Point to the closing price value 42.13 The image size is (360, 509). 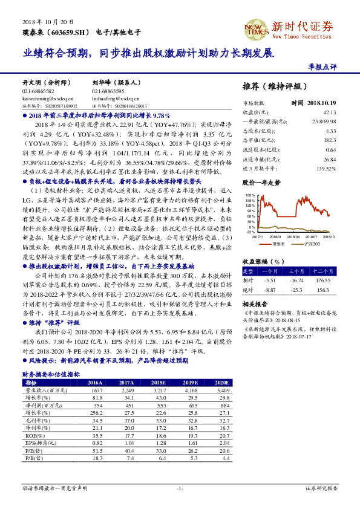(x=329, y=112)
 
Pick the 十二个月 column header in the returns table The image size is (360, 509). (x=322, y=272)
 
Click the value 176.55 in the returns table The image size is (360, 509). (x=324, y=280)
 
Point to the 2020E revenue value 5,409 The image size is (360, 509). (x=221, y=391)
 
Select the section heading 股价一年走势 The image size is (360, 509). (x=261, y=182)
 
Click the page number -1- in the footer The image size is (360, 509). (x=180, y=488)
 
